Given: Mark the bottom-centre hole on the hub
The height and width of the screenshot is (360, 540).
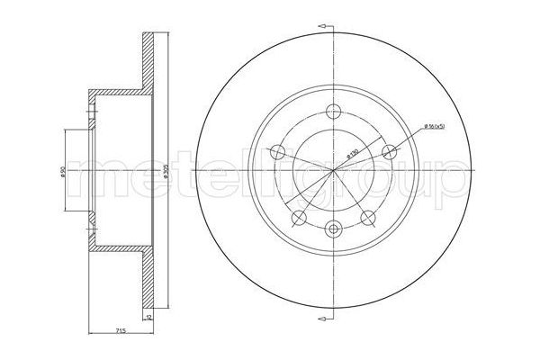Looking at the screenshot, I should (335, 229).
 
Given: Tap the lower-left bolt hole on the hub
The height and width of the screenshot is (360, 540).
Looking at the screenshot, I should (300, 217).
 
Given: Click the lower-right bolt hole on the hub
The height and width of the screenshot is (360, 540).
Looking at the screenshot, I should (369, 217).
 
